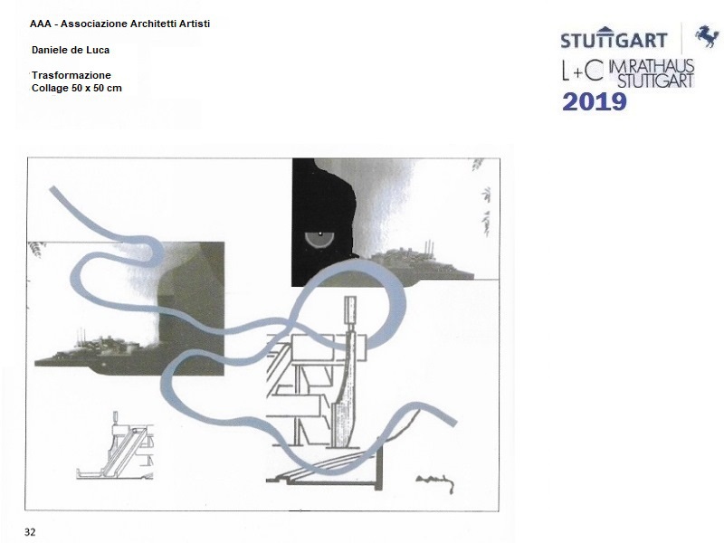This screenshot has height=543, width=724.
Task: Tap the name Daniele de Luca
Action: pos(71,50)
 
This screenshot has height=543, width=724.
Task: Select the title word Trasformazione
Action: pos(71,75)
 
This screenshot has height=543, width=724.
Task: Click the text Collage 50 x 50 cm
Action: pos(77,88)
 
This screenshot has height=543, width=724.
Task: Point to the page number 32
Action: pos(30,532)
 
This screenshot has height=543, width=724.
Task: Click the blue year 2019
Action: pos(595,102)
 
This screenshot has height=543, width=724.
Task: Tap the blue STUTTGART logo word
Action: pos(614,39)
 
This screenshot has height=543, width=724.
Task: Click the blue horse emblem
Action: pos(707,36)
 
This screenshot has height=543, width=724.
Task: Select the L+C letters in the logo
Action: pos(583,71)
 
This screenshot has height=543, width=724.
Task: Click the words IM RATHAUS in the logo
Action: pos(652,65)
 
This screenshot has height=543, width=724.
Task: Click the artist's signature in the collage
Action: pos(435,483)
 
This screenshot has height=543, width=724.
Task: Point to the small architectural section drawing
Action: pos(115,447)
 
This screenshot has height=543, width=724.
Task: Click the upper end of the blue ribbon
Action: pos(53,190)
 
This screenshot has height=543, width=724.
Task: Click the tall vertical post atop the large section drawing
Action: pos(351,310)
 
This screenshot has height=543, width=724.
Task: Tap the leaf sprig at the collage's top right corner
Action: pos(478,164)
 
